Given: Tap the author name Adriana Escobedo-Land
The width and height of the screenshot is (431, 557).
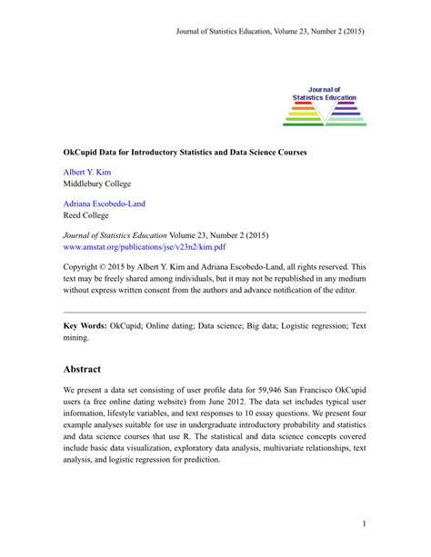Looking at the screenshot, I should point(104,204).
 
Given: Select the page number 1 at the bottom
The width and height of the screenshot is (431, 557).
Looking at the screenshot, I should point(363,524).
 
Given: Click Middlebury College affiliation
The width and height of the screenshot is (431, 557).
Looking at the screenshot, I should point(96,183).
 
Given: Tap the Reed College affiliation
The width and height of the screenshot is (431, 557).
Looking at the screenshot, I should point(85,216).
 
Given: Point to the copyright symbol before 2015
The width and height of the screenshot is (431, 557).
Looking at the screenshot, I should point(106,266).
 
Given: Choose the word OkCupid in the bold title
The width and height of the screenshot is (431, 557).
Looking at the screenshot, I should point(80,150).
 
